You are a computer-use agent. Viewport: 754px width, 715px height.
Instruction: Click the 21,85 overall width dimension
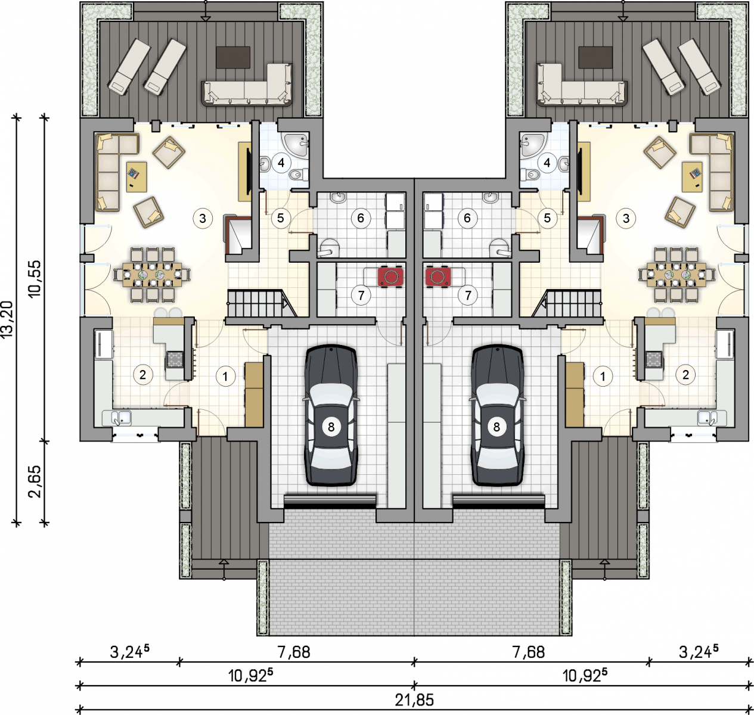[x=414, y=700]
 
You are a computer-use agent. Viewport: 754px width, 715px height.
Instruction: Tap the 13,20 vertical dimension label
[x=7, y=319]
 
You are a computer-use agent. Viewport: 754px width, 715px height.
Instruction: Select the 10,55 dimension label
[x=34, y=279]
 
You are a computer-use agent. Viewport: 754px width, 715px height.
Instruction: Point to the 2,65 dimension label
[x=35, y=481]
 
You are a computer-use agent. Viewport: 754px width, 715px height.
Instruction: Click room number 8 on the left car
[x=331, y=426]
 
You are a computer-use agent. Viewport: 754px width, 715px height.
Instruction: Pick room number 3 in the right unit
[x=626, y=218]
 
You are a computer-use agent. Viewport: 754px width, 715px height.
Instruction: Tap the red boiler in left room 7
[x=390, y=276]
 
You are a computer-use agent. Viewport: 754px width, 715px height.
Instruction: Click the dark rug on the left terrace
[x=233, y=58]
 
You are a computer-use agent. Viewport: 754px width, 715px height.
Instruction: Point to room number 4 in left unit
[x=281, y=163]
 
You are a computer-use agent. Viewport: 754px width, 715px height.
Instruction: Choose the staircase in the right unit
[x=567, y=303]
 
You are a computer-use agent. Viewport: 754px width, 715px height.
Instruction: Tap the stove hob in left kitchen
[x=175, y=360]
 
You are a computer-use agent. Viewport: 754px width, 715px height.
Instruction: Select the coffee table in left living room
[x=136, y=177]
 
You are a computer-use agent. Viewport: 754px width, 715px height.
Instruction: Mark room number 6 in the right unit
[x=467, y=218]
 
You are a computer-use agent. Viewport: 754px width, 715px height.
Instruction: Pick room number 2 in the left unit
[x=142, y=375]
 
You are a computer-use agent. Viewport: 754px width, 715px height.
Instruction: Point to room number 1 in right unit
[x=603, y=376]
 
